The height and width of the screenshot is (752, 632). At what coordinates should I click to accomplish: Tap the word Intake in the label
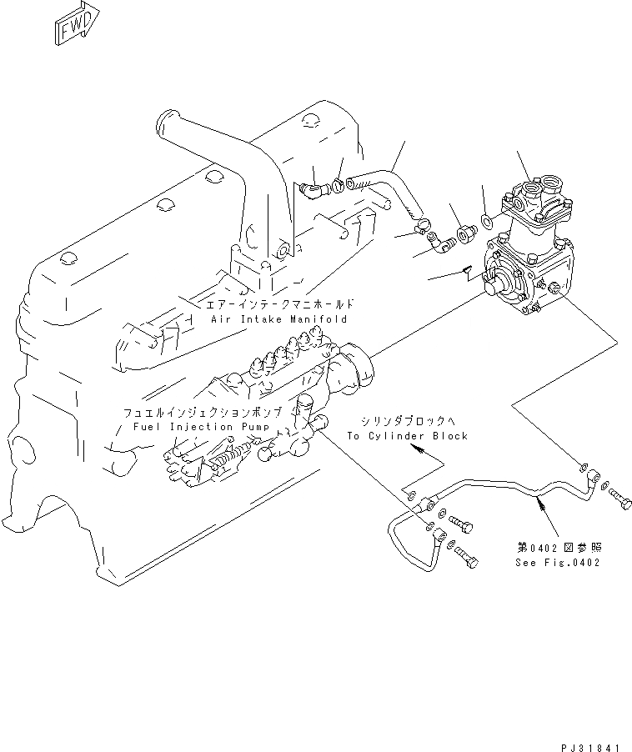(263, 319)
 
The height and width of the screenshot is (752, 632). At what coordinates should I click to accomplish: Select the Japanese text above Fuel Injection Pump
(208, 413)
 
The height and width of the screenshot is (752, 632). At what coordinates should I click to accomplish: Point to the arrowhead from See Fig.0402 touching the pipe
(540, 500)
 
